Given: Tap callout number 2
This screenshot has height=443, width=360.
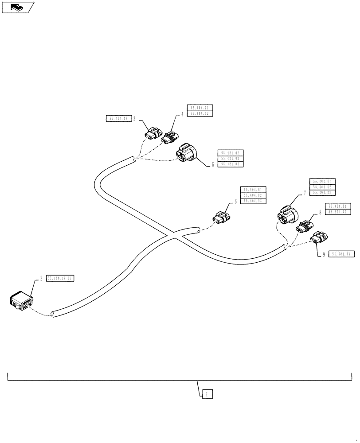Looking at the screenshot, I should [x=41, y=278].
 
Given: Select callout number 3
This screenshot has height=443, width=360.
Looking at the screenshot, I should [x=134, y=119].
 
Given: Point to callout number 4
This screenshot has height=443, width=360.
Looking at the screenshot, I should [x=182, y=114].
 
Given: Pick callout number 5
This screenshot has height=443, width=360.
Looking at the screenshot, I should [x=213, y=164].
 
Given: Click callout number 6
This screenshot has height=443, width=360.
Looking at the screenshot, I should [x=235, y=201].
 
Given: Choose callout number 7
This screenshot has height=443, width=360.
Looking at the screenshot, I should [x=305, y=193].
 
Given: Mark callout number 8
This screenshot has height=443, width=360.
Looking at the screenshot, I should [x=320, y=213].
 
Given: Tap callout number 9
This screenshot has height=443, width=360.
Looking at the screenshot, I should [x=324, y=255].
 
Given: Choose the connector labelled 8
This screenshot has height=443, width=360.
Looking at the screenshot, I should [x=303, y=226].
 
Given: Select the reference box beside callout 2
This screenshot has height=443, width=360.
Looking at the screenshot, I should [x=60, y=278].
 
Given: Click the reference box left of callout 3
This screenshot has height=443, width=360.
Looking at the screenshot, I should [x=117, y=119].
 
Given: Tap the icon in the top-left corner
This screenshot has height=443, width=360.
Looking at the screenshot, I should [x=17, y=7].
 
